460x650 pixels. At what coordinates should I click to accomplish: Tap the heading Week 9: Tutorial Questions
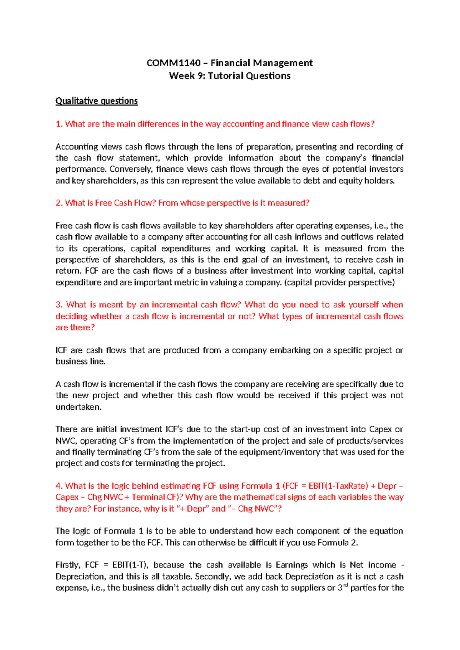[x=230, y=76]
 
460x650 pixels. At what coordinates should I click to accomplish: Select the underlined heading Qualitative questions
[x=97, y=101]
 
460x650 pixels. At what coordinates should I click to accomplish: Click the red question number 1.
[x=59, y=124]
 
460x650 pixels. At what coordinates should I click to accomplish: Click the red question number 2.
[x=59, y=203]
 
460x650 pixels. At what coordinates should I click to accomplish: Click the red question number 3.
[x=59, y=305]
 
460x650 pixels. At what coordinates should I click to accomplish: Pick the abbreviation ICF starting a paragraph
[x=61, y=350]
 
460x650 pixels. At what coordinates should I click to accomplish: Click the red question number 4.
[x=59, y=486]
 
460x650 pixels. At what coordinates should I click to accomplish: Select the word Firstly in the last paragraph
[x=67, y=565]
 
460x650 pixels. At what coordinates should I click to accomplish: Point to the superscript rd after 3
[x=345, y=585]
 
